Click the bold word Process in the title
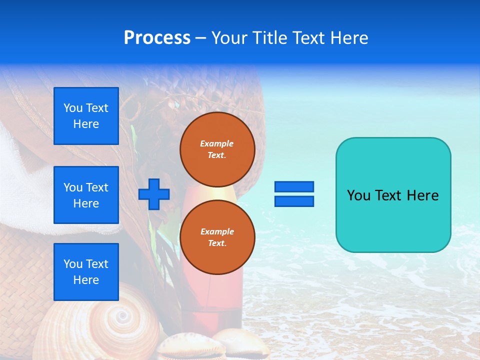(157, 37)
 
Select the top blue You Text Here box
(86, 116)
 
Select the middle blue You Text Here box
(86, 195)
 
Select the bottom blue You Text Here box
(86, 272)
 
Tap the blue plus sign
(154, 194)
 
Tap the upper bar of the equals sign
(294, 186)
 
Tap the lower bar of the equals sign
(294, 201)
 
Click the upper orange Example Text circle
(217, 149)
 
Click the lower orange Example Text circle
(217, 237)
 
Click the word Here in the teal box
(422, 195)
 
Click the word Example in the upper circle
(217, 143)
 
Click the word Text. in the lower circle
(217, 243)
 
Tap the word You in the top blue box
(73, 108)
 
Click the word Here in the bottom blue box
(86, 280)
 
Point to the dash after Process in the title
(201, 38)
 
